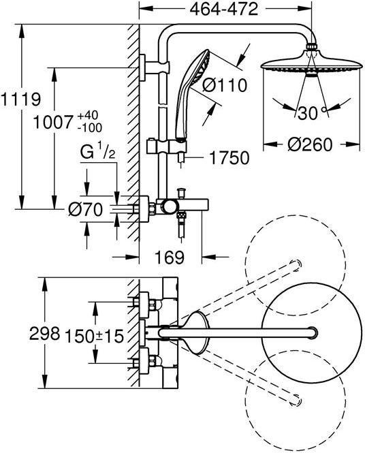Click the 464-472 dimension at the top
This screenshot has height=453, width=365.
tap(223, 10)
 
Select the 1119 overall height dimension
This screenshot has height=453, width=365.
tap(20, 99)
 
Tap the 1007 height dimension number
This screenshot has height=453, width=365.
tap(52, 122)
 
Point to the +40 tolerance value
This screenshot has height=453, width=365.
tap(88, 116)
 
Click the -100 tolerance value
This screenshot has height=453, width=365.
tap(90, 127)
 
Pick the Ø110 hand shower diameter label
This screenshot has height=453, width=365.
tap(225, 85)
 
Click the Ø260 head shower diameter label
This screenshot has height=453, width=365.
tap(310, 144)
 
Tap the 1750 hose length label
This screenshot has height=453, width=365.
tap(229, 158)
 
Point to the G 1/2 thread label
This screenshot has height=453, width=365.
tap(98, 153)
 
